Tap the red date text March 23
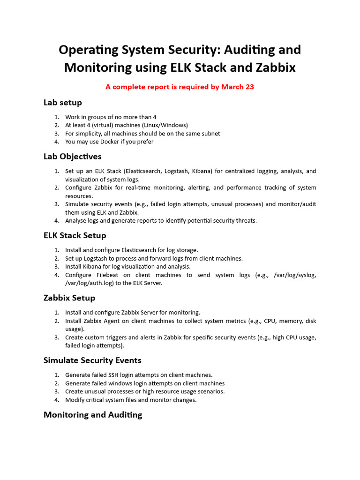pos(238,87)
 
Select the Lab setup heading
pos(63,102)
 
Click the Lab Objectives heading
pos(73,156)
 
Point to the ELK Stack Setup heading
pos(75,235)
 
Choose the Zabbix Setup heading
pos(69,298)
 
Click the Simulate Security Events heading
pos(92,360)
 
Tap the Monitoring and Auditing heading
pos(93,414)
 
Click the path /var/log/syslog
pos(294,275)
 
